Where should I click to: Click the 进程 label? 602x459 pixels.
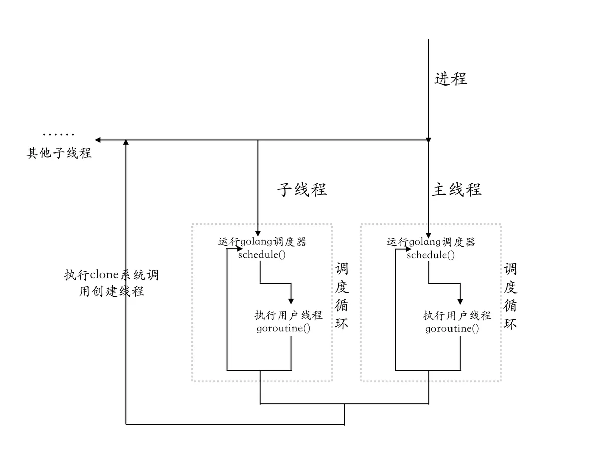tap(450, 79)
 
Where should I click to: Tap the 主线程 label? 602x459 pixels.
tap(457, 189)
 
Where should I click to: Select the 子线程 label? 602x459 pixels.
tap(302, 189)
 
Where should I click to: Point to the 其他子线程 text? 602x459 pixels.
tap(59, 153)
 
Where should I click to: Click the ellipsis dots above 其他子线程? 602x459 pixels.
tap(59, 134)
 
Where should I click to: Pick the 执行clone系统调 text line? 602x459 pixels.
tap(111, 275)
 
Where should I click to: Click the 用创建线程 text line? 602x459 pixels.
tap(111, 291)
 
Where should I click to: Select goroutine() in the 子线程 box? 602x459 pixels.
tap(283, 329)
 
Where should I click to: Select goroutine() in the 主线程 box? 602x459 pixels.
tap(452, 329)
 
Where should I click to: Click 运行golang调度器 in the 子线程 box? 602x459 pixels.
tap(262, 242)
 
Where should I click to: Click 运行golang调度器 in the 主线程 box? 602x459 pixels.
tap(431, 242)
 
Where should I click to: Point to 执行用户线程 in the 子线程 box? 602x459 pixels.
tap(288, 316)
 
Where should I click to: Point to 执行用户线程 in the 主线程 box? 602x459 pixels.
tap(457, 316)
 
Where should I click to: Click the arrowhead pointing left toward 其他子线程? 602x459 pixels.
tap(98, 140)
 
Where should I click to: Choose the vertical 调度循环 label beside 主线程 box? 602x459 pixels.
tap(510, 296)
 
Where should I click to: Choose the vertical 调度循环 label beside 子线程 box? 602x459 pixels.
tap(342, 296)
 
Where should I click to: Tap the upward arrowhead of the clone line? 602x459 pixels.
tap(126, 143)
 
